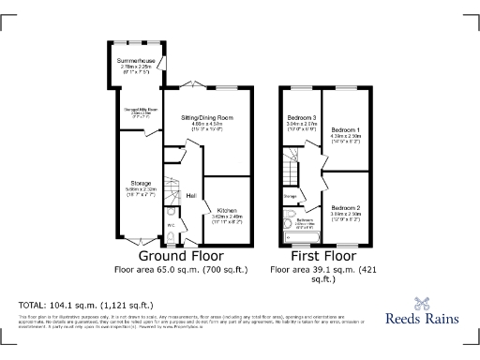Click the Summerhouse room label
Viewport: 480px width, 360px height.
click(x=132, y=60)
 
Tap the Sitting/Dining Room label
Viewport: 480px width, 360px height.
click(x=207, y=117)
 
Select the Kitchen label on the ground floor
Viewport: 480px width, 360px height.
click(x=228, y=210)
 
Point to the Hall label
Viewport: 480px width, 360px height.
click(x=190, y=196)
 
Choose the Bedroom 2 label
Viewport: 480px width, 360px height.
click(x=346, y=207)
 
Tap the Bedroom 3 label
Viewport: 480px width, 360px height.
click(x=302, y=118)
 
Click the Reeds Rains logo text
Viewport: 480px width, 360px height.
click(x=423, y=318)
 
